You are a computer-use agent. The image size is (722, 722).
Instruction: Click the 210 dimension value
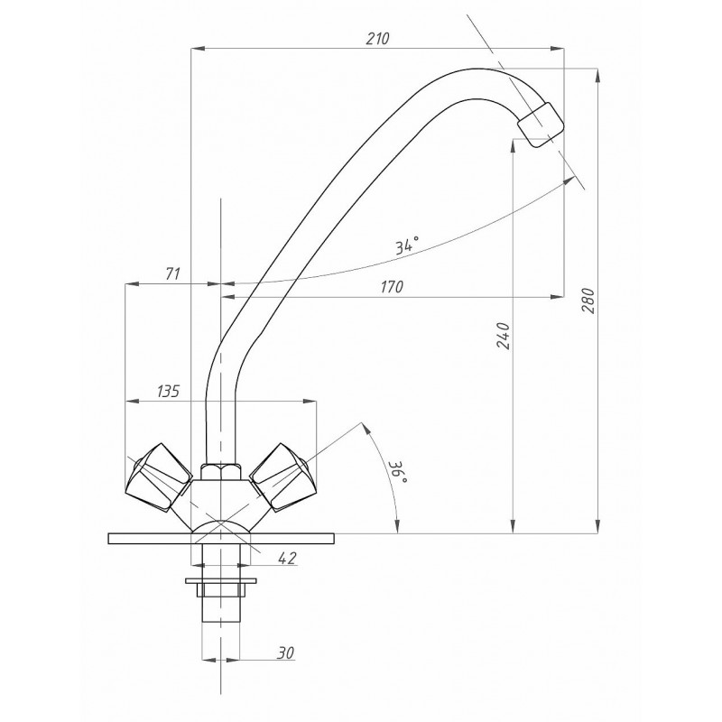point(377,39)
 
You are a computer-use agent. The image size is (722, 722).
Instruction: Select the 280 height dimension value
point(588,301)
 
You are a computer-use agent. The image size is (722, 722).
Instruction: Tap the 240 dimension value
point(504,336)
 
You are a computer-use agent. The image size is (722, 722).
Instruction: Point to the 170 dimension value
point(392,287)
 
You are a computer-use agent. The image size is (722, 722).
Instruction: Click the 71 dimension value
point(172,273)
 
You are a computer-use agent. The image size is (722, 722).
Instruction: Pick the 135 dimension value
point(168,392)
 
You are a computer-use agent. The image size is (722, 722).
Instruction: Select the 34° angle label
point(408,245)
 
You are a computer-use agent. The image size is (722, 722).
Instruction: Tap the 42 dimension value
point(288,558)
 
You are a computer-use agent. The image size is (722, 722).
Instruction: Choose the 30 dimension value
point(285,653)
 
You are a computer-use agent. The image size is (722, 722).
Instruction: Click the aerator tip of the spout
point(541,125)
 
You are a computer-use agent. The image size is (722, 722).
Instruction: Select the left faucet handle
point(160,477)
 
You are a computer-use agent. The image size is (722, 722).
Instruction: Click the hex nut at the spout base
point(220,471)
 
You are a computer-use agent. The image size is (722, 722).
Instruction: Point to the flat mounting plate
point(221,538)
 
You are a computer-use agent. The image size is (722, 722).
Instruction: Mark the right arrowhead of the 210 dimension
point(558,48)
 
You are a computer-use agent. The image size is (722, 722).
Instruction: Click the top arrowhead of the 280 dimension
point(597,76)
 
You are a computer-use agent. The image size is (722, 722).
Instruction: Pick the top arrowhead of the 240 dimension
point(513,145)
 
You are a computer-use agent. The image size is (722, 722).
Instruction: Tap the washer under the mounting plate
point(221,580)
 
